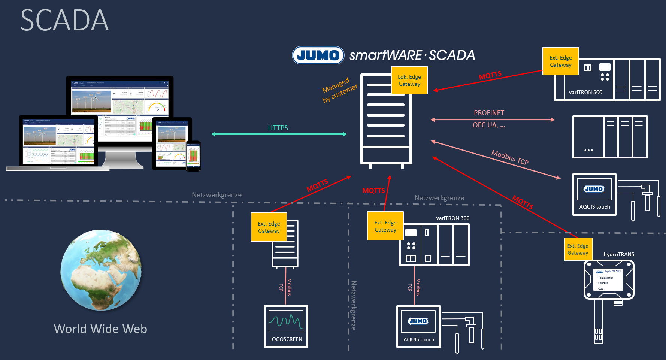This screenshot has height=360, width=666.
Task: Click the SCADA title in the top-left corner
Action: tap(64, 20)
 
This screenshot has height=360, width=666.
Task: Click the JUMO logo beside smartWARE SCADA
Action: tap(318, 55)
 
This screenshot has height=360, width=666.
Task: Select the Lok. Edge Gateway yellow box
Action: tap(409, 80)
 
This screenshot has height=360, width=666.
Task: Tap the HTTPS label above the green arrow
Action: tap(278, 128)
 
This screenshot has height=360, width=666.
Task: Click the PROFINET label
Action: tap(489, 113)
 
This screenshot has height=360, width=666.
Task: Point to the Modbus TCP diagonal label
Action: tap(510, 157)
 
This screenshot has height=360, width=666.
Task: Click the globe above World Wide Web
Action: tap(101, 270)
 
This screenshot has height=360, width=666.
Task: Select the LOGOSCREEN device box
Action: tap(286, 326)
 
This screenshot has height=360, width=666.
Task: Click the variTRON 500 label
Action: tap(585, 92)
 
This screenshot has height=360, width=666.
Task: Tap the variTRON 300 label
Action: tap(452, 218)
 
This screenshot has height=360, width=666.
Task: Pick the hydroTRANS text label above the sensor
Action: tap(619, 254)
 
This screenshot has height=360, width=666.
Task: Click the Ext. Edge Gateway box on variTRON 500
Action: tap(561, 61)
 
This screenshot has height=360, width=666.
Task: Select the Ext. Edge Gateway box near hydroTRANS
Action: tap(578, 249)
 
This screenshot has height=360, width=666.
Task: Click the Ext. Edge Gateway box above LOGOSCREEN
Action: tap(269, 227)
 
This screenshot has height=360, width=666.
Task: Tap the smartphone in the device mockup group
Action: tap(193, 156)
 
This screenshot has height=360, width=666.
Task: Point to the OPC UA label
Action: tap(489, 125)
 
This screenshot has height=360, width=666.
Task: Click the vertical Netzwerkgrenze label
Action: tap(354, 305)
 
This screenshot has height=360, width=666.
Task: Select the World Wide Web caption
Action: tap(100, 329)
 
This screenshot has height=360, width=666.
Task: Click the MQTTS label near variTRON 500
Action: tap(490, 75)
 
